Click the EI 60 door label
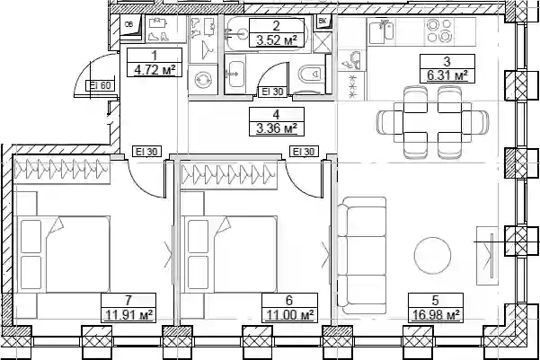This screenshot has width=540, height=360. (x=101, y=85)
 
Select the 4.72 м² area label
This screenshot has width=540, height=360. (x=155, y=70)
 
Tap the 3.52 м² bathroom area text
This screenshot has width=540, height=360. (x=277, y=40)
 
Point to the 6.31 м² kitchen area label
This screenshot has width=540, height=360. (x=447, y=75)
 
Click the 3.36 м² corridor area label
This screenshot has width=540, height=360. (x=277, y=129)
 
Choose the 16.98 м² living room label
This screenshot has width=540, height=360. (x=436, y=315)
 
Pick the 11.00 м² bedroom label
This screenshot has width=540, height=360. (x=289, y=315)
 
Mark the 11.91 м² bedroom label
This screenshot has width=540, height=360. (x=128, y=315)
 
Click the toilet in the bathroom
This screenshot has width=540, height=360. (x=310, y=73)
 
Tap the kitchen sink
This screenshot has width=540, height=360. (x=382, y=31)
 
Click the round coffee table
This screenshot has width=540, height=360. (x=432, y=255)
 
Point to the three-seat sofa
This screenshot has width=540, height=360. (x=361, y=255)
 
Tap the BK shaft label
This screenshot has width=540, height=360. (x=323, y=22)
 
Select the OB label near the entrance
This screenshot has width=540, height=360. (x=128, y=24)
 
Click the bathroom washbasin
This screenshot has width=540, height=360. (x=236, y=74)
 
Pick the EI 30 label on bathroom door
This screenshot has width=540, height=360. (x=272, y=92)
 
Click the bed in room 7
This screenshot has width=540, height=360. (x=66, y=255)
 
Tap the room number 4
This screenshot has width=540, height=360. (x=277, y=114)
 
